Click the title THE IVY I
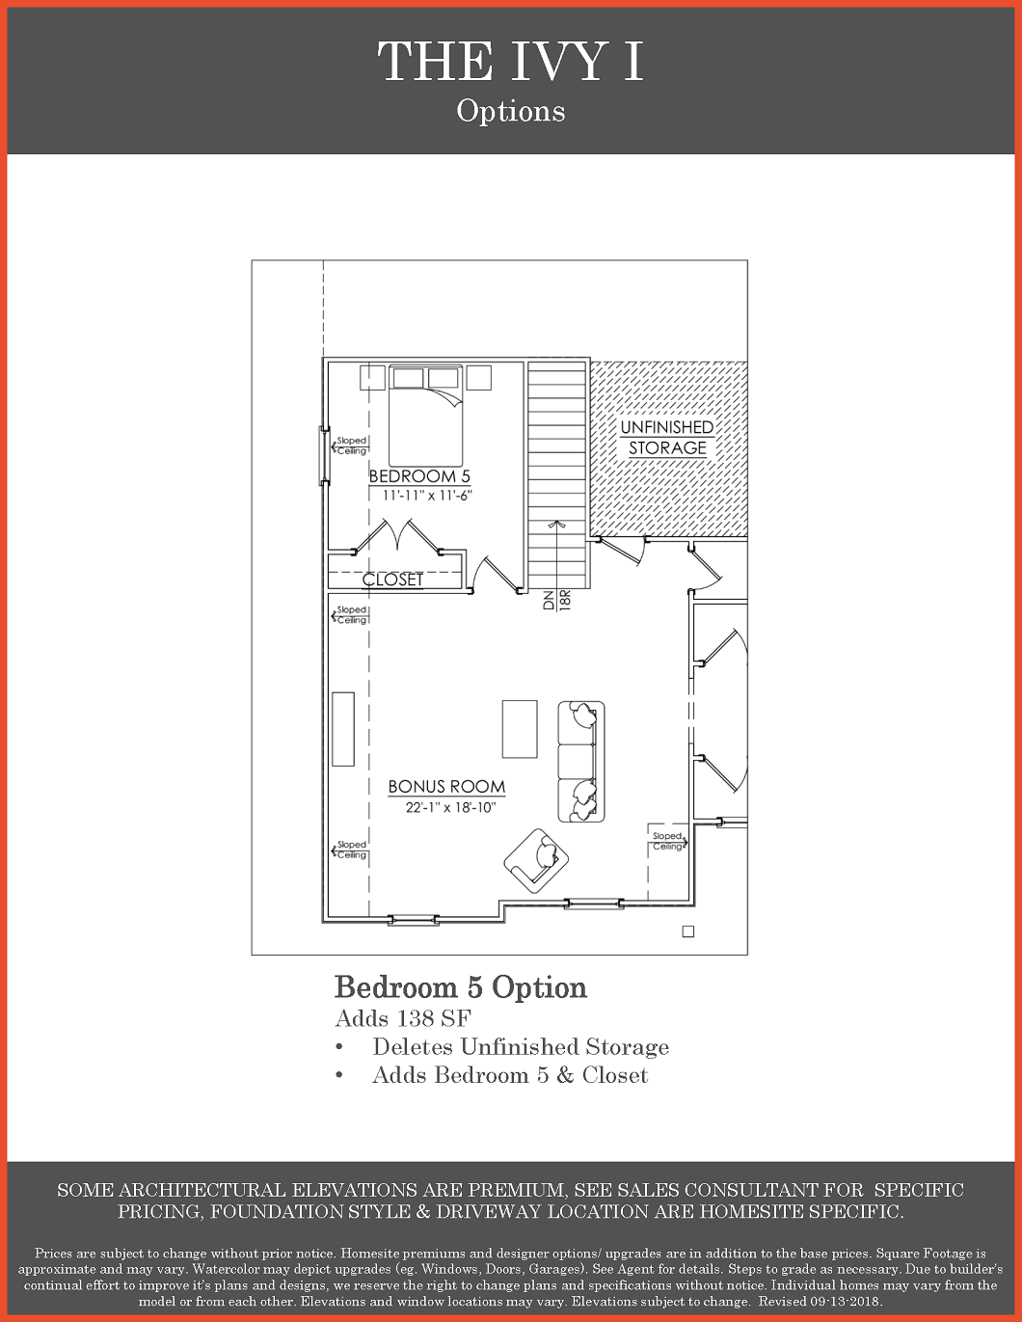[x=510, y=61]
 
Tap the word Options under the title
[x=511, y=111]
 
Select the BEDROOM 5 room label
[x=419, y=475]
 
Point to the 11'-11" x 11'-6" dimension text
[x=427, y=496]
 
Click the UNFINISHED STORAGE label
[x=667, y=438]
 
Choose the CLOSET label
[x=393, y=580]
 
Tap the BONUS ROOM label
[x=447, y=787]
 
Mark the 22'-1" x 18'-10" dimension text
[x=451, y=808]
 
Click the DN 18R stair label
[x=557, y=601]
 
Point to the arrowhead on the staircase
[x=556, y=525]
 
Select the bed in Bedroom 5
[x=426, y=416]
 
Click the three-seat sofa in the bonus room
[x=581, y=761]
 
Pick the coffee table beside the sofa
[x=520, y=729]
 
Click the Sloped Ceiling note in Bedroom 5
[x=349, y=445]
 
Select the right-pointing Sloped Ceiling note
[x=669, y=842]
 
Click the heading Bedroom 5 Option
[x=461, y=987]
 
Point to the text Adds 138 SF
[x=403, y=1018]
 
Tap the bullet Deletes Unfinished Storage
[x=521, y=1047]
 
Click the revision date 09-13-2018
[x=845, y=1302]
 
